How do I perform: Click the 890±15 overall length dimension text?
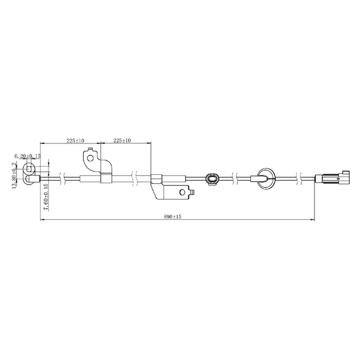[173, 216]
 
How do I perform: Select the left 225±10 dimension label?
[75, 141]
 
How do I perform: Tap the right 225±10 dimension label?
[122, 141]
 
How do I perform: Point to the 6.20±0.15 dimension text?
[27, 155]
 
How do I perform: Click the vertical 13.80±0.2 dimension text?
[15, 175]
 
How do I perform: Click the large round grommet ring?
[264, 179]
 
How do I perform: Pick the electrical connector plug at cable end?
[331, 179]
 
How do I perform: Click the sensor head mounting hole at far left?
[29, 168]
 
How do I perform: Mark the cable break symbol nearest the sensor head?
[66, 179]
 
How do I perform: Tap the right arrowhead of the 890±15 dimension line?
[312, 220]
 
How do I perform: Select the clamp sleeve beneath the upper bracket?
[105, 179]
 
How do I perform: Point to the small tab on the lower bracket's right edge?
[193, 193]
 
